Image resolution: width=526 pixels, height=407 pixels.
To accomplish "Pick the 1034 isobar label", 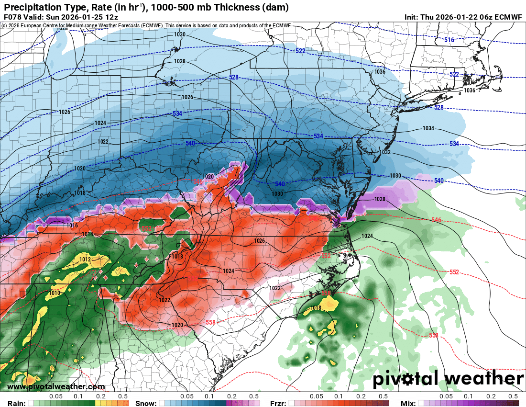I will (428, 128).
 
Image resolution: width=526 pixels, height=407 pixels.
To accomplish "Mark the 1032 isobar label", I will (385, 152).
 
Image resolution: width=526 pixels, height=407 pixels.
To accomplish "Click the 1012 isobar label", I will (85, 259).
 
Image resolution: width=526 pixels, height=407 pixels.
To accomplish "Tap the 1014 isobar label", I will (88, 234).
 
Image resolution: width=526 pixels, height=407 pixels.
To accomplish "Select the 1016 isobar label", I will (72, 226).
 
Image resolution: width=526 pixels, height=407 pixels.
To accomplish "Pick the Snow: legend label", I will (145, 403).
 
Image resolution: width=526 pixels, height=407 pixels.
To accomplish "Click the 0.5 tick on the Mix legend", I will (513, 396).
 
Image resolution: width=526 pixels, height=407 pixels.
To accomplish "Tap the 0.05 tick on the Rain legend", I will (56, 396).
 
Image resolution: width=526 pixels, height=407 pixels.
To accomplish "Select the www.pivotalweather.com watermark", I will (56, 386).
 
